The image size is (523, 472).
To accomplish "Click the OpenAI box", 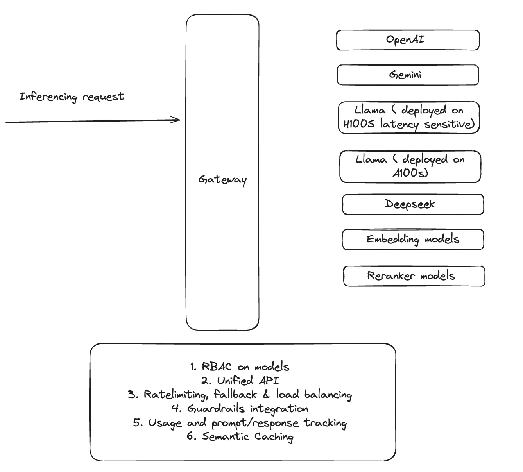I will coord(408,40).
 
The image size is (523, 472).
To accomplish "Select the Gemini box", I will coord(408,75).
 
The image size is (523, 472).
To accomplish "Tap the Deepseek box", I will coord(413,204).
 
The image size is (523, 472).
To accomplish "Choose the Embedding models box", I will coord(413,239).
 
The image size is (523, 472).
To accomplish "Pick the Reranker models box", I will coord(414,276).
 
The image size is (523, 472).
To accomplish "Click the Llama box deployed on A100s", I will coord(410,166).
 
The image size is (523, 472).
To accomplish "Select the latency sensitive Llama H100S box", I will coord(408,117).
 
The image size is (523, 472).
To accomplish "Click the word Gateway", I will coord(222,180).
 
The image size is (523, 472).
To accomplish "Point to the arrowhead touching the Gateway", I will coord(178,120).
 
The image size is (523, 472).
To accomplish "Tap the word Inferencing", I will coord(48,97).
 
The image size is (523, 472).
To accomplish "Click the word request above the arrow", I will coord(103,97).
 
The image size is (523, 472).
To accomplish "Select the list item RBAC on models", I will coord(240,367).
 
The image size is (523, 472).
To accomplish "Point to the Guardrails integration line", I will coord(240,409).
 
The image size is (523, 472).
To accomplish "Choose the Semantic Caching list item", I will coord(240,436).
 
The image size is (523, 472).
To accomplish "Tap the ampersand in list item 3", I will coord(267,394).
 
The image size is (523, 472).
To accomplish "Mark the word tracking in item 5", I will coord(325,423).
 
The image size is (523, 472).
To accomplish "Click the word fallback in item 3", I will coord(235,394).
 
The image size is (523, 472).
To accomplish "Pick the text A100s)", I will coord(410,173).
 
